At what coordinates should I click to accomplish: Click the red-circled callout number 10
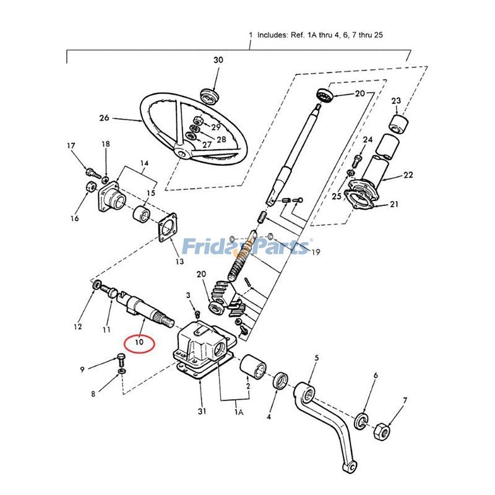[139, 341]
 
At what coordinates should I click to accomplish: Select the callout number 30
[218, 60]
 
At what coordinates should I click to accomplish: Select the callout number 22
[408, 175]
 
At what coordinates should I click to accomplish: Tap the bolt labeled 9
[120, 358]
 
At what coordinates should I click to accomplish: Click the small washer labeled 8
[122, 370]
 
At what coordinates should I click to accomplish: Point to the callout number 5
[316, 358]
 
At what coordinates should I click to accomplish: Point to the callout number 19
[316, 252]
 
